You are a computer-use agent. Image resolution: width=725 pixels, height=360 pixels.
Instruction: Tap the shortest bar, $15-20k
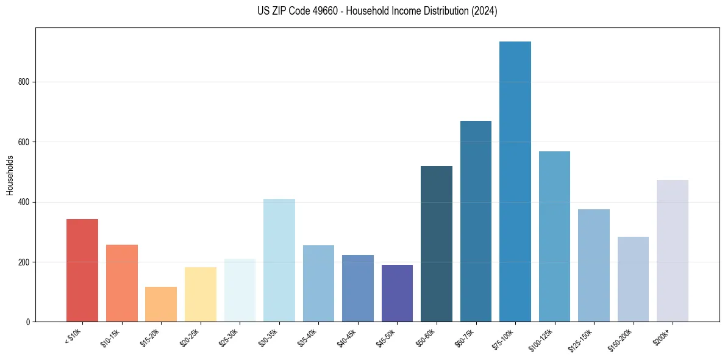pyautogui.click(x=161, y=304)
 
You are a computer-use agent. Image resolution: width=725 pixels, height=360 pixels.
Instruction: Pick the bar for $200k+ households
pyautogui.click(x=673, y=251)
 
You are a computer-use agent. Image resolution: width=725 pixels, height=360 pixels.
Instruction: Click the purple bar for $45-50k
pyautogui.click(x=397, y=293)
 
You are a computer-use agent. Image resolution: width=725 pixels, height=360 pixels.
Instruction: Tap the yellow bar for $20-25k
pyautogui.click(x=201, y=294)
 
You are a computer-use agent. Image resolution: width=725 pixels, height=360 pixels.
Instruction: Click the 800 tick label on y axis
pyautogui.click(x=23, y=82)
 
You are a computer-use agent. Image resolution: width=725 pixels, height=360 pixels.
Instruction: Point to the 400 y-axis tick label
pyautogui.click(x=23, y=202)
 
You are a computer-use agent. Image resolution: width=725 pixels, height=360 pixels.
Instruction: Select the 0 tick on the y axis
pyautogui.click(x=27, y=322)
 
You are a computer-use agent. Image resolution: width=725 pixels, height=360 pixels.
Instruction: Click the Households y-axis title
pyautogui.click(x=10, y=175)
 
